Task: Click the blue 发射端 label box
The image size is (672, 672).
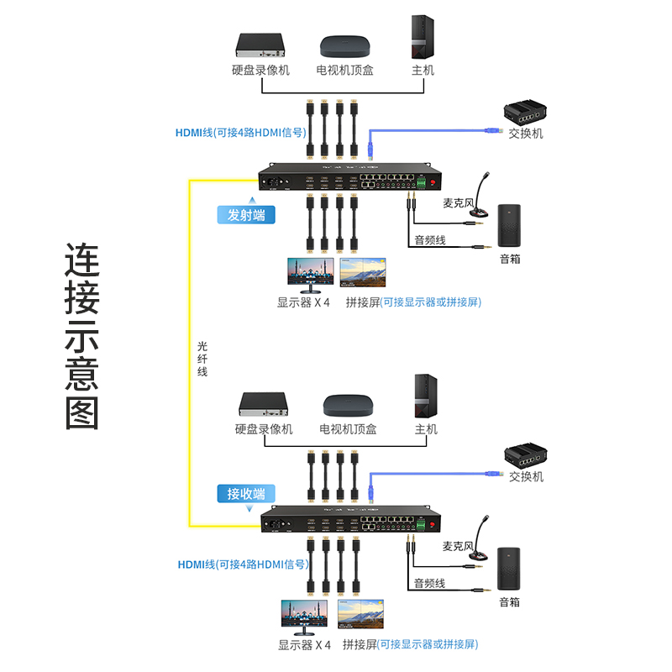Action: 246,214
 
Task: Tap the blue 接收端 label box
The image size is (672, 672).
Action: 246,493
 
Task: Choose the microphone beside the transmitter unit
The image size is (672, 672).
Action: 481,197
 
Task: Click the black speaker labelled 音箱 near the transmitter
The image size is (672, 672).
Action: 509,224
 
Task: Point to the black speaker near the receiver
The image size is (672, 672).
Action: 509,568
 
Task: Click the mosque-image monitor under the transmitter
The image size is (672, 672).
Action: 310,274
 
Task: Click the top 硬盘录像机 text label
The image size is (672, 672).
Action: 260,71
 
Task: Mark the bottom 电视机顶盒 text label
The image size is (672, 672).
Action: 348,429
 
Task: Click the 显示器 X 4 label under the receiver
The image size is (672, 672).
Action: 304,645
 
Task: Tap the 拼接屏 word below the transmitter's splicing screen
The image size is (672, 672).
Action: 362,302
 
